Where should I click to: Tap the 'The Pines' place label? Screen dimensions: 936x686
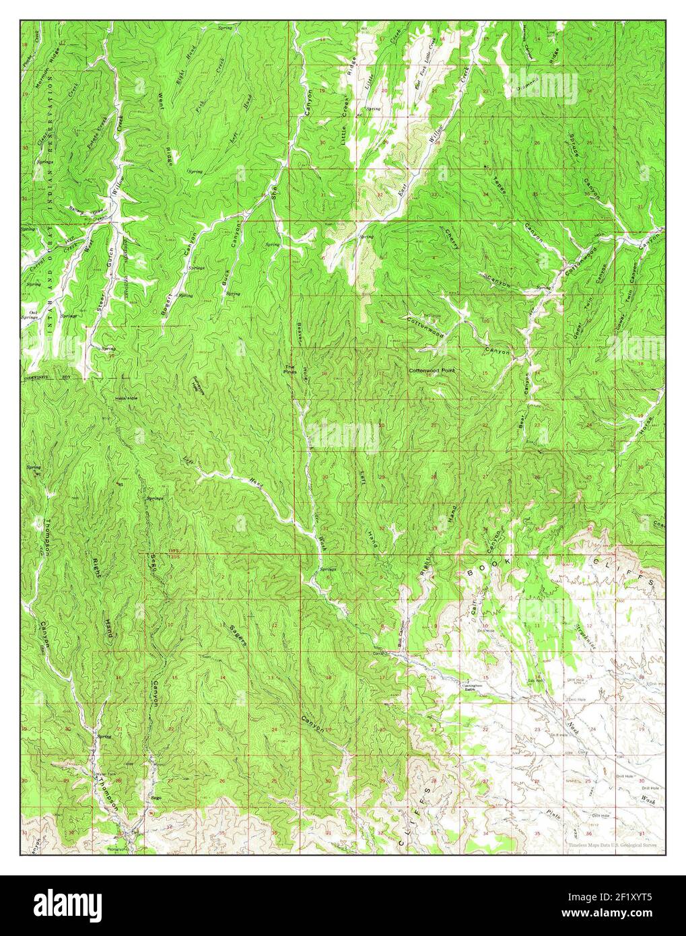[x=289, y=369]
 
